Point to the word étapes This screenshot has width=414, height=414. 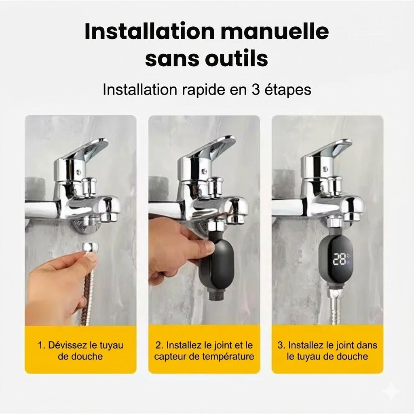point(287,89)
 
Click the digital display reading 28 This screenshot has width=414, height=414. point(338,259)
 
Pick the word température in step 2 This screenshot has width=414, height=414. point(230,357)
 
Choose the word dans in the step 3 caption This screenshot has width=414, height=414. point(368,346)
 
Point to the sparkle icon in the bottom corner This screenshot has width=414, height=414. point(391,391)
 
